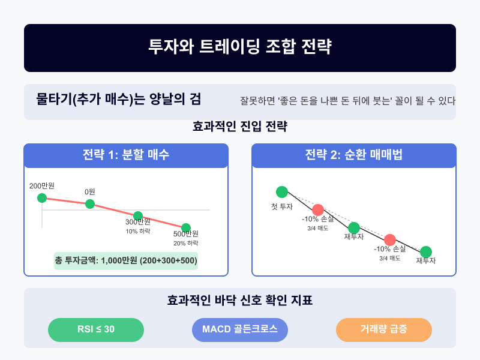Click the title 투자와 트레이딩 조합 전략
(x=239, y=47)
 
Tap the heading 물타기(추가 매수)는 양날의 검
(x=118, y=99)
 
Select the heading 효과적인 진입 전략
(x=239, y=126)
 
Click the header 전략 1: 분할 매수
(x=126, y=155)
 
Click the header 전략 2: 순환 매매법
(x=353, y=155)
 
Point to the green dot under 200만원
(x=42, y=198)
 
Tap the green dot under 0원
(x=90, y=204)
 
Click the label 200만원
(x=42, y=186)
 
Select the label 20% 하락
(x=186, y=244)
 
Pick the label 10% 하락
(x=138, y=232)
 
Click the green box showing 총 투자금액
(x=126, y=261)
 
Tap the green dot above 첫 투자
(x=282, y=192)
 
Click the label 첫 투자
(x=282, y=207)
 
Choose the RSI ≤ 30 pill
(x=96, y=329)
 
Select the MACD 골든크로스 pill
(x=239, y=329)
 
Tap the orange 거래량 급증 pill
(x=384, y=329)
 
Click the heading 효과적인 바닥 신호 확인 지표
(x=239, y=300)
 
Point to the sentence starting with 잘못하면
(x=347, y=101)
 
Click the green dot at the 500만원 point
(x=186, y=228)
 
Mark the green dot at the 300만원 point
(x=138, y=216)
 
